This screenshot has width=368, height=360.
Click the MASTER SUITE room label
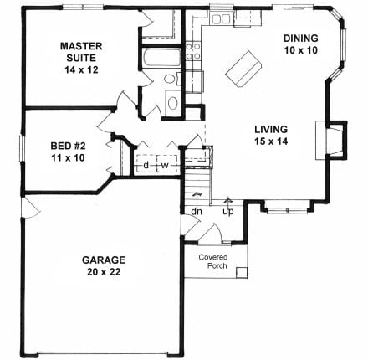(81, 52)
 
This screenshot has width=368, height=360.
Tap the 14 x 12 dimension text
(81, 69)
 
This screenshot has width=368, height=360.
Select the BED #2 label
(68, 146)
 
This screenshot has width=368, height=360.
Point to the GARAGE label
(104, 260)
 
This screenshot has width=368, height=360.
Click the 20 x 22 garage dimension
(104, 272)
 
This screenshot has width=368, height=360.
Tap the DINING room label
(301, 38)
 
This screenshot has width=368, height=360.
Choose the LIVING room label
(271, 129)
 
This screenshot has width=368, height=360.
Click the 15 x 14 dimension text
(271, 141)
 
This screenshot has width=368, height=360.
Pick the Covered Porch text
(213, 261)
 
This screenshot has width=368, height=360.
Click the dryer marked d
(146, 163)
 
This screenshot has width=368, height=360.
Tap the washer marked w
(167, 163)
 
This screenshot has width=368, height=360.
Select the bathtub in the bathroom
(162, 58)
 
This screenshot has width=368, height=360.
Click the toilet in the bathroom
(171, 79)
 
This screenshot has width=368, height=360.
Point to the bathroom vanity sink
(173, 103)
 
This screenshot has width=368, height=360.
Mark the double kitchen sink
(221, 19)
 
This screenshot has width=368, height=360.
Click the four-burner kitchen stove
(193, 51)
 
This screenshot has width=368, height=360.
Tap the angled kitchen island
(243, 69)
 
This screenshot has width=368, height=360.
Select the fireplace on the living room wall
(331, 140)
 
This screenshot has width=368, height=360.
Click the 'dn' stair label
(197, 211)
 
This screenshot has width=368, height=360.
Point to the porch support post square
(242, 273)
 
